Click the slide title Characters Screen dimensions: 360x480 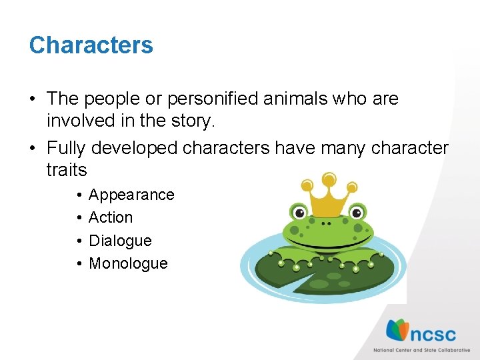tap(91, 45)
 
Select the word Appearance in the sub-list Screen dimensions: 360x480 tap(131, 195)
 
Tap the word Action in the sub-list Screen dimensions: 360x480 tap(111, 217)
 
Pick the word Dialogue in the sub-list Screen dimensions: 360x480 tap(120, 240)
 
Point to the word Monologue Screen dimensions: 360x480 tap(128, 263)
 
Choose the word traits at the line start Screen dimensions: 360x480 tap(67, 170)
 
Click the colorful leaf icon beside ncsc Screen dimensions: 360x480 tap(399, 329)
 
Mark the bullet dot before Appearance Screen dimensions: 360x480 tap(78, 195)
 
